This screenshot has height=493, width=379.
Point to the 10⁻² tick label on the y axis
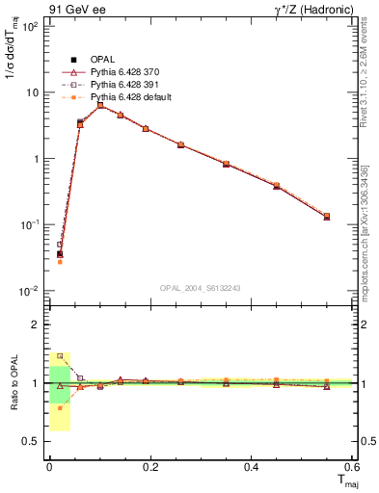pos(29,291)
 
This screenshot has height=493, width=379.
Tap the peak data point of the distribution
pos(100,105)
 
